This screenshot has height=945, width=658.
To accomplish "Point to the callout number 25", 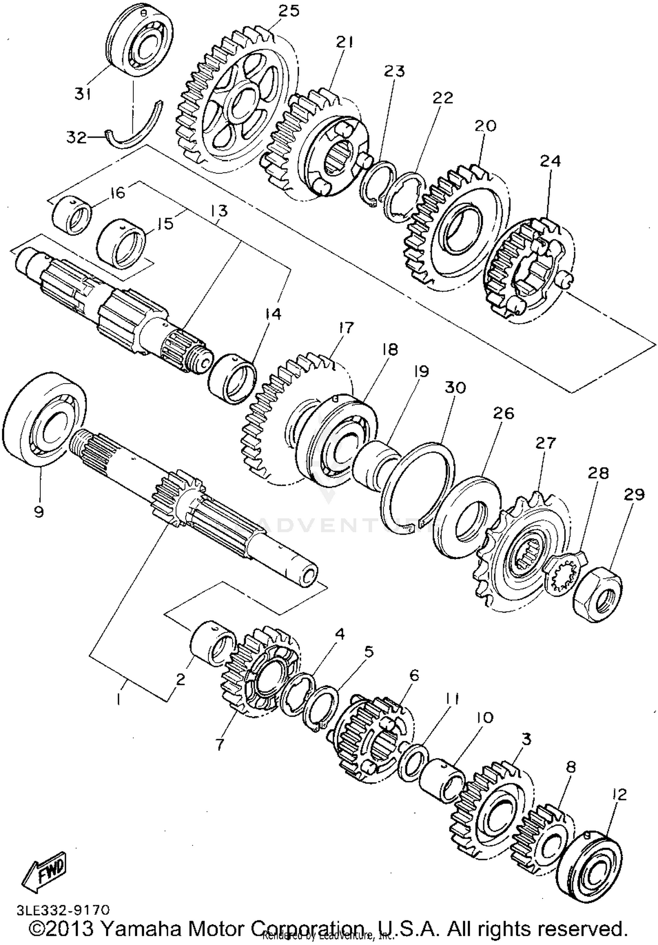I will (x=288, y=11).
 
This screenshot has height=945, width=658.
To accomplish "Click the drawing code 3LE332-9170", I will (x=63, y=908).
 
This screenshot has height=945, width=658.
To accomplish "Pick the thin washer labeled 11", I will (x=414, y=762).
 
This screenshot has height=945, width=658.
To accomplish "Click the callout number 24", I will (x=550, y=161).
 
